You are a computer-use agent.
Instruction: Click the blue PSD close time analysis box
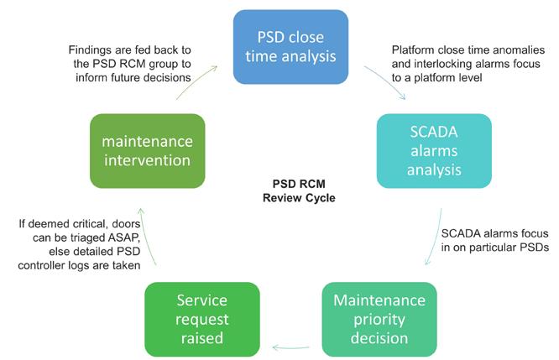pos(290,47)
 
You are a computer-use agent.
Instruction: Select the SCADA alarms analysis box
pos(434,151)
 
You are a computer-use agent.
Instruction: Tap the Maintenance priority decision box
pos(379,320)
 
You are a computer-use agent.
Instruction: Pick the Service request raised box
pos(202,320)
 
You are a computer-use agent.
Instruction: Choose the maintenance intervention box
pos(147,151)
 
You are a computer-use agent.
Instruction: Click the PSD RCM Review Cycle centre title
pos(299,190)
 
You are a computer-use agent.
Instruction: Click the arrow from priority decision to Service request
pos(290,347)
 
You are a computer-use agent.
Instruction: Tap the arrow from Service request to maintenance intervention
pos(145,237)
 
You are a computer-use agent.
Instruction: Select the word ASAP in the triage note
pos(124,237)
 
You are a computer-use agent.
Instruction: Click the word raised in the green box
pos(202,338)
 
